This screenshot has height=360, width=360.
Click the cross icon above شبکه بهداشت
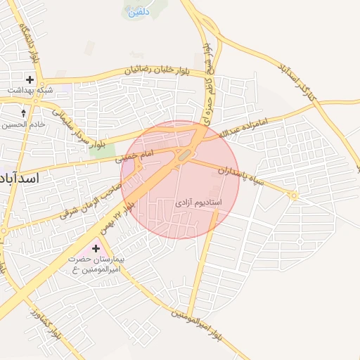30,79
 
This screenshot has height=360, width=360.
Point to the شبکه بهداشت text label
29,91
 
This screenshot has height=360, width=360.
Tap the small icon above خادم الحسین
24,112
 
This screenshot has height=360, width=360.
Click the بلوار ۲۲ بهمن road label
117,215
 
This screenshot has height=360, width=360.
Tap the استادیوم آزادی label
198,202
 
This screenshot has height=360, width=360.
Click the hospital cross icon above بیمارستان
96,248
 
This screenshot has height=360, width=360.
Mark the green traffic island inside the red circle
184,155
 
